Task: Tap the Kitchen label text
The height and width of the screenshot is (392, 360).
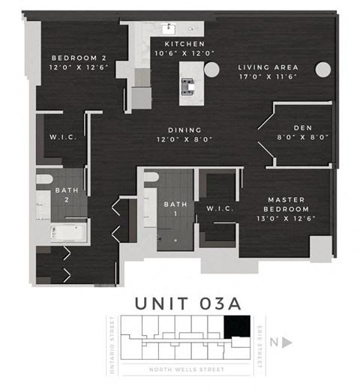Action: [x=184, y=49]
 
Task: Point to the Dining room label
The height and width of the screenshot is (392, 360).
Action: [x=184, y=134]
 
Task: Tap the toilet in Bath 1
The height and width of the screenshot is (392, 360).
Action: [x=151, y=178]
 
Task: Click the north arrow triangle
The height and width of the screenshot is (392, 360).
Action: [x=286, y=343]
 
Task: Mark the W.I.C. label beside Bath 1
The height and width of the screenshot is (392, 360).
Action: [x=218, y=208]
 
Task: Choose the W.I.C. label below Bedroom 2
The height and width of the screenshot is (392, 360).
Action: [x=60, y=136]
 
